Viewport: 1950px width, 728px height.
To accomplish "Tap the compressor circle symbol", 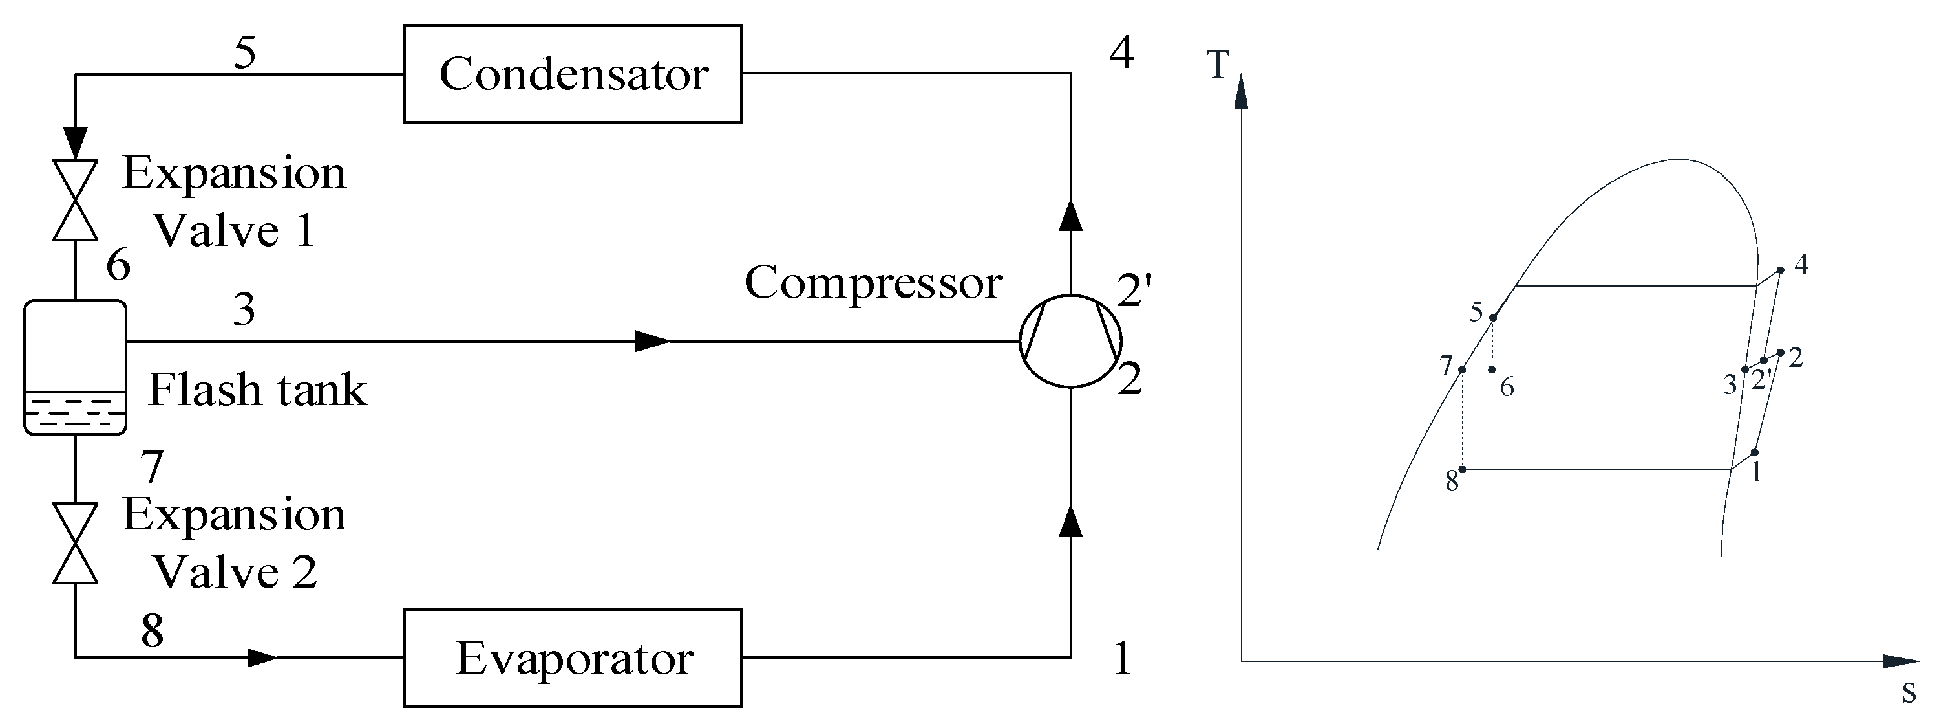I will click(1070, 341).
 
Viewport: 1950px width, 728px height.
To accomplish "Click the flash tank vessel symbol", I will click(75, 368).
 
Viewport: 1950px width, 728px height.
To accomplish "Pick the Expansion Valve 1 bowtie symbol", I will click(75, 200).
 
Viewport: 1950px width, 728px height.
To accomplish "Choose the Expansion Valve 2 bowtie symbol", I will click(75, 542).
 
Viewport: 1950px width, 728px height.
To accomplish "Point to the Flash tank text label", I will click(257, 390).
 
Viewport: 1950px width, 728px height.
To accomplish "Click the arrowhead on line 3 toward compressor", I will click(651, 341).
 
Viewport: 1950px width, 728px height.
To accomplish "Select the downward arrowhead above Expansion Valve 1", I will click(75, 142).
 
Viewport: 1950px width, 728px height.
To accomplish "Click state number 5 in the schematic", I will click(244, 53).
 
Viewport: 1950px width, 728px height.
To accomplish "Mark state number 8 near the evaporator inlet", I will click(152, 630).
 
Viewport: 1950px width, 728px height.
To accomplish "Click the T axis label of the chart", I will click(1217, 65).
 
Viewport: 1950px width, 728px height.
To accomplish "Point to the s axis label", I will click(1909, 691).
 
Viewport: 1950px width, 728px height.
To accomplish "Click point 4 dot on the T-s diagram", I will click(1779, 270).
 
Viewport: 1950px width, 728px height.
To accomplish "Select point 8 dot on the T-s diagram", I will click(1463, 470).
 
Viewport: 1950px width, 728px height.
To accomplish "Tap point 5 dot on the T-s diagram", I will click(1493, 318).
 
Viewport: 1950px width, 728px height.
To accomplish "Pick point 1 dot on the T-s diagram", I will click(1755, 452).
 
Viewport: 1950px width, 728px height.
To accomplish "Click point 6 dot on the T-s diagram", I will click(1492, 370).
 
